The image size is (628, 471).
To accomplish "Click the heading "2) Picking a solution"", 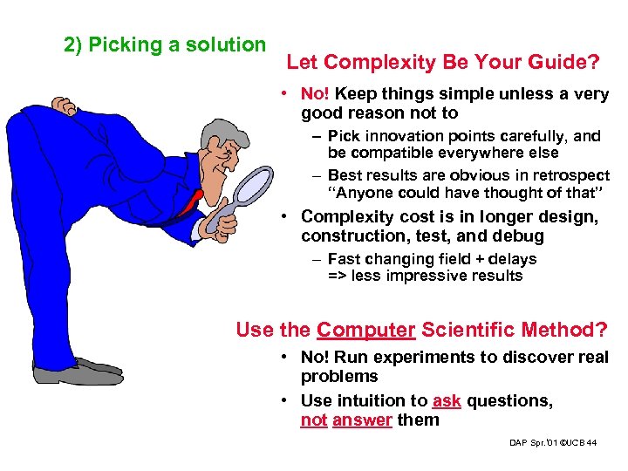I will [165, 44].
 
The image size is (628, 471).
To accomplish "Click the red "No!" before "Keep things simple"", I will [315, 94].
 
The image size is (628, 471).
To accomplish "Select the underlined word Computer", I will [366, 330].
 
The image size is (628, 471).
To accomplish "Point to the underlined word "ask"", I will [447, 401].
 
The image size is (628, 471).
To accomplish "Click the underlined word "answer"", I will [362, 420].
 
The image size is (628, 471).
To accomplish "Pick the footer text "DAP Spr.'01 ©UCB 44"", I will [553, 444].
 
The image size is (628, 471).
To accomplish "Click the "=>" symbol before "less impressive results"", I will [338, 276].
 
